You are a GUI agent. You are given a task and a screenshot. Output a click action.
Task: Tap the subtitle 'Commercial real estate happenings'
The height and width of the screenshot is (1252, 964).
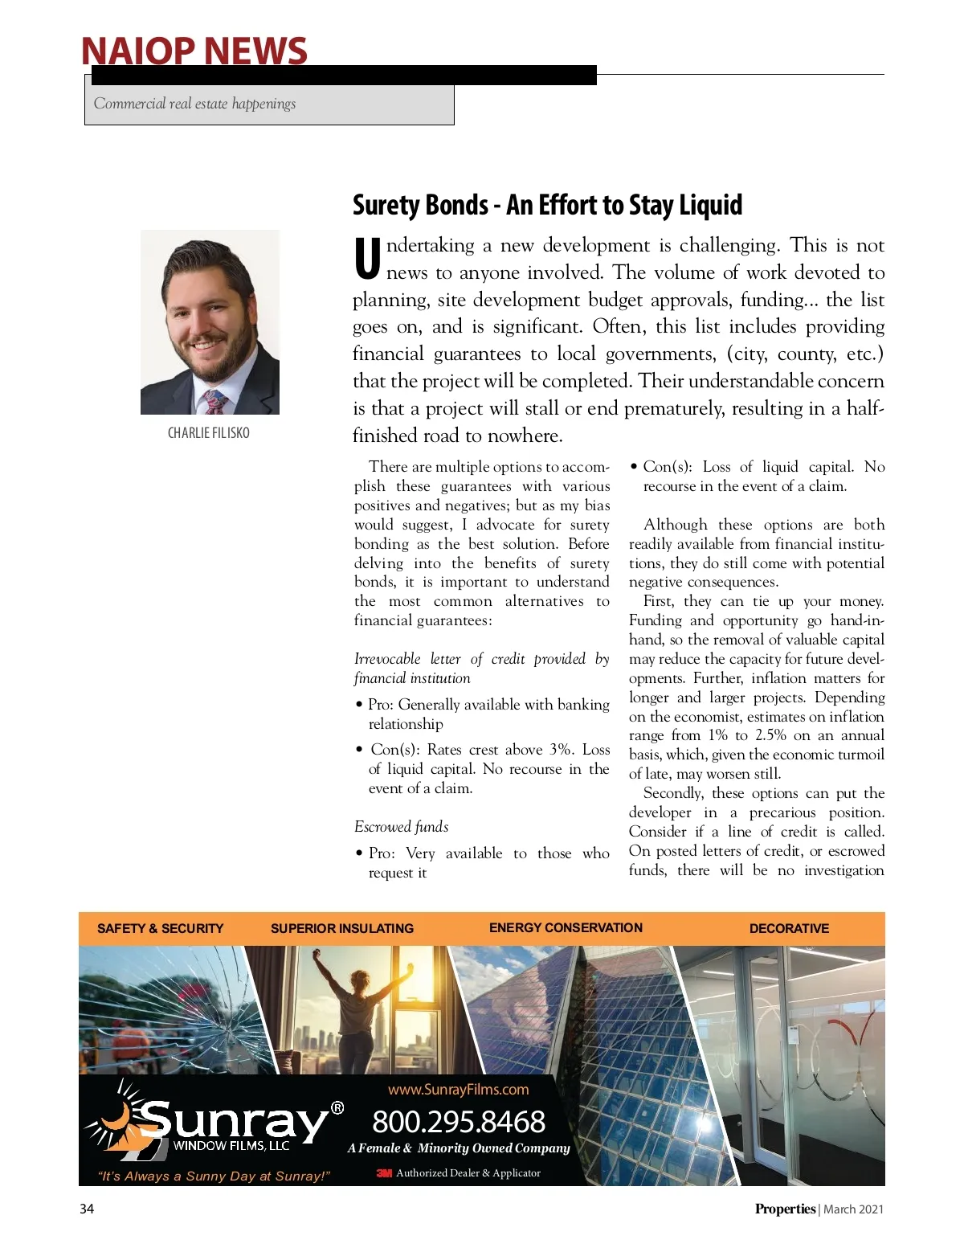(194, 104)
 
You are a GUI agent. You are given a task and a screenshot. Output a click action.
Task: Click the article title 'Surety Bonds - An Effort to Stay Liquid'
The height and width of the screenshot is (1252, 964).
(547, 205)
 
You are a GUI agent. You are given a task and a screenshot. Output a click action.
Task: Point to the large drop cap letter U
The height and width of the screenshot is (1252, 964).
(367, 259)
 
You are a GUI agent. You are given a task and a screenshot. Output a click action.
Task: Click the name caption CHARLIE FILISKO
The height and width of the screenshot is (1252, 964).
(209, 433)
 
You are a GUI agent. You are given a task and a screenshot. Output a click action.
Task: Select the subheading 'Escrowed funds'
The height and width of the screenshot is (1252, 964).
(401, 827)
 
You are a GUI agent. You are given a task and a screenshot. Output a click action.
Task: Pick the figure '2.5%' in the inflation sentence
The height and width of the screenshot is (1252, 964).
(770, 735)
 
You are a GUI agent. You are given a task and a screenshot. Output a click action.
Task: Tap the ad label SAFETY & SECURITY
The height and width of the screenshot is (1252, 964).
(160, 928)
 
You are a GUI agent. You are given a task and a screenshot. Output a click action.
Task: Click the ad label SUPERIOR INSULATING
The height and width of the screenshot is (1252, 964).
(342, 928)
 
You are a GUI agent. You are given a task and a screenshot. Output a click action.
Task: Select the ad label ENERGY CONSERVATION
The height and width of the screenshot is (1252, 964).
(566, 927)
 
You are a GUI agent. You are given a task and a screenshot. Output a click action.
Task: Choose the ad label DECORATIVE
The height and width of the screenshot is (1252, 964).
(789, 928)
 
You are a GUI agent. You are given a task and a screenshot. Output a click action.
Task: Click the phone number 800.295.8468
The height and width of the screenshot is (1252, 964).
(459, 1122)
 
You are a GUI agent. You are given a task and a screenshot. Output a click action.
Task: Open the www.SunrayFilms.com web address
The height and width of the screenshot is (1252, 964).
(459, 1090)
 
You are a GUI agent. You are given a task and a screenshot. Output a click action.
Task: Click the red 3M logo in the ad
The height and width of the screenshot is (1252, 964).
(384, 1173)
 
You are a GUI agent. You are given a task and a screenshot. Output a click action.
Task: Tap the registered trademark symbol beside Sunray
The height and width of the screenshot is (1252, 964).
(337, 1108)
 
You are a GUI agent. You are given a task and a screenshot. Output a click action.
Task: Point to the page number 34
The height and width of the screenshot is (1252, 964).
(87, 1209)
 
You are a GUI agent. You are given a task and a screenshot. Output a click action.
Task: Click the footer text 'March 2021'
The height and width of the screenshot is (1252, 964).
(853, 1209)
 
